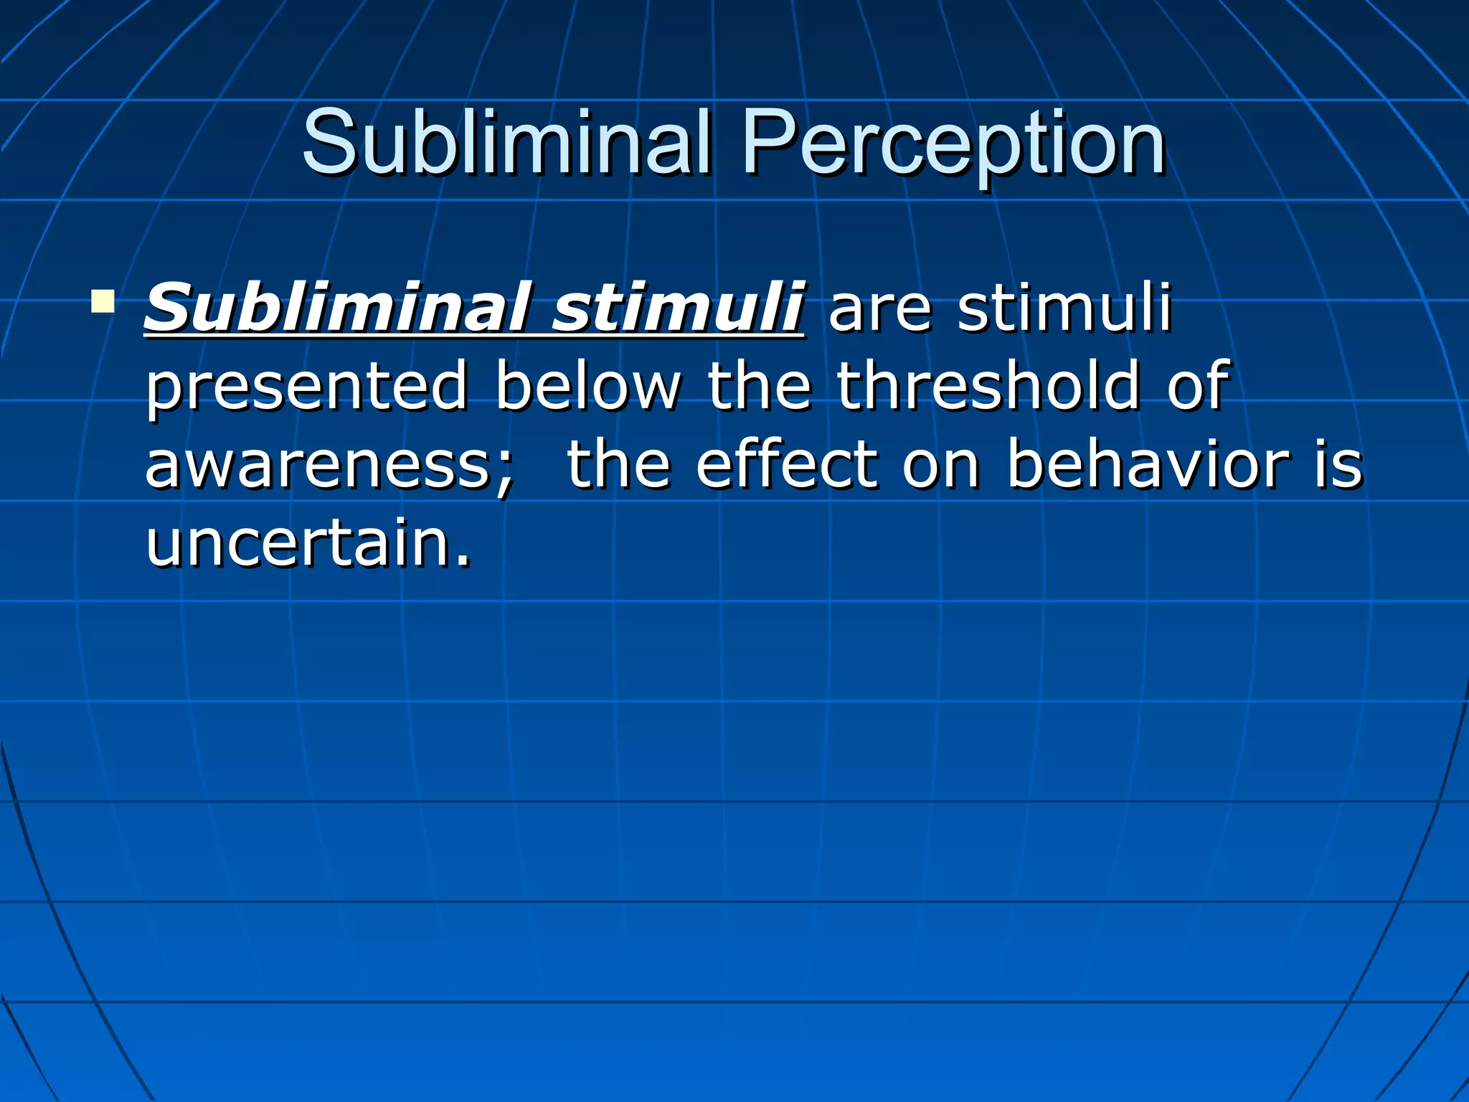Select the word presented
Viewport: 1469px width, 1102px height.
[307, 387]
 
